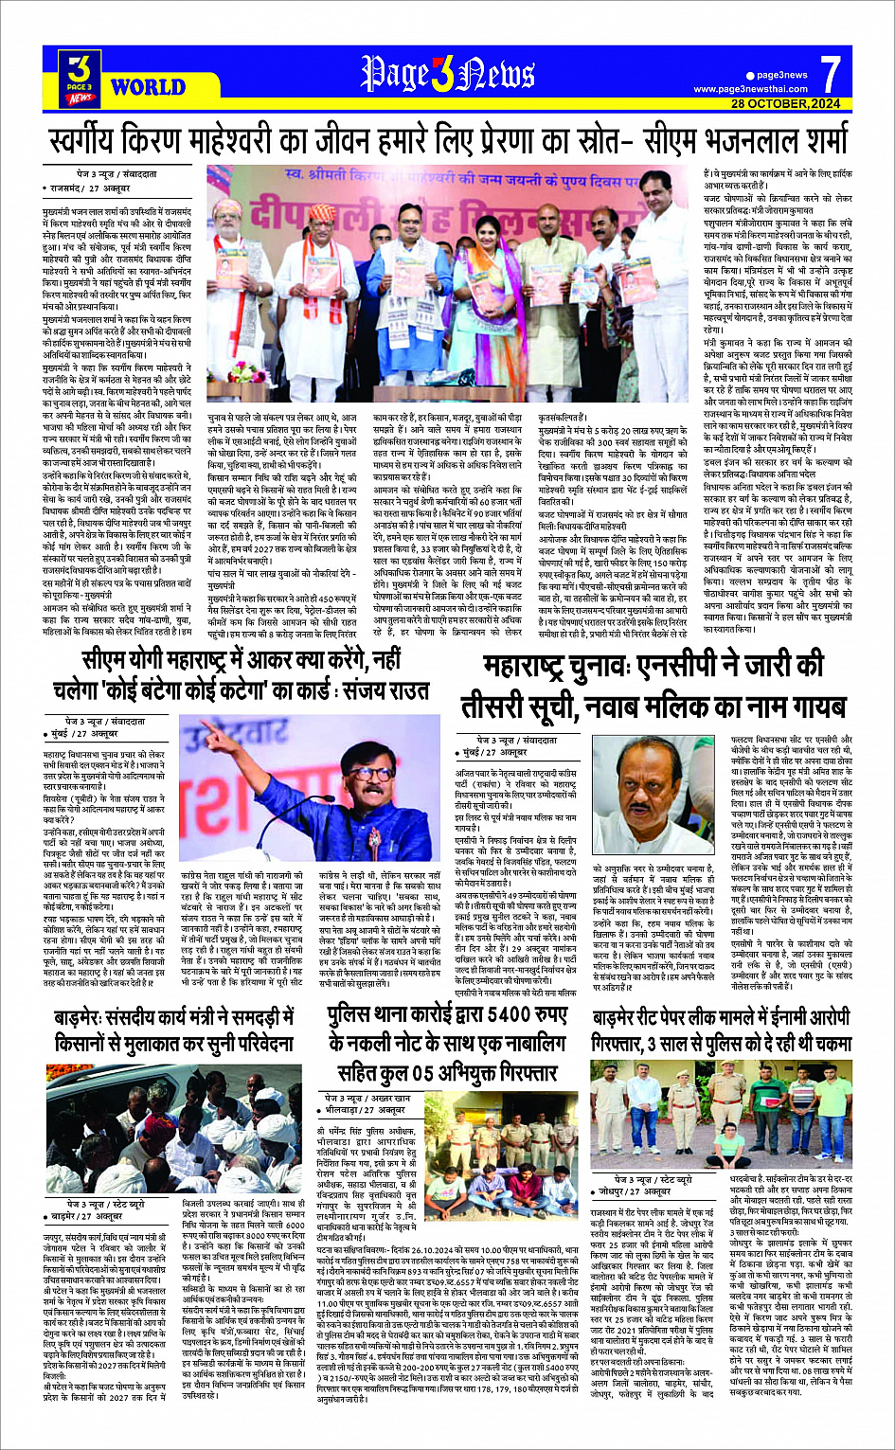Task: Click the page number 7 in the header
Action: click(831, 72)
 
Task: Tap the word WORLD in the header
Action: click(148, 88)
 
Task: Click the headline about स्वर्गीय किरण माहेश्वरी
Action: click(447, 142)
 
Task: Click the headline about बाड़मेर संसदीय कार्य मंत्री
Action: click(174, 1031)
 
